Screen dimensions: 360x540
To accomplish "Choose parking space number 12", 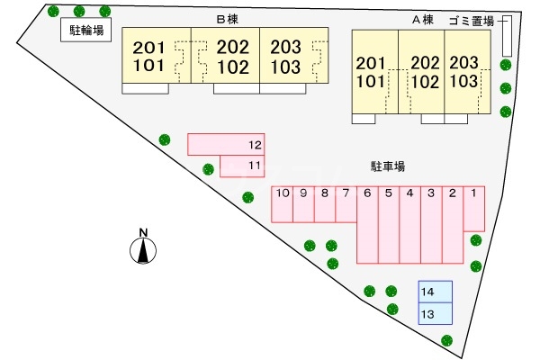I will tap(225, 144).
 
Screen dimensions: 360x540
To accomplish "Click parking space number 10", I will tap(282, 203).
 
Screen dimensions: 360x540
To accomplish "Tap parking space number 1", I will tap(473, 208).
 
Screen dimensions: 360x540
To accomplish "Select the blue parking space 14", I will tap(435, 292).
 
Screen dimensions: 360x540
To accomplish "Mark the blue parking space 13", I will tap(435, 314).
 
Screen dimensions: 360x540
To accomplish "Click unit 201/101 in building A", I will tap(371, 71).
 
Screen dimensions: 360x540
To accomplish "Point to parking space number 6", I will tap(367, 225).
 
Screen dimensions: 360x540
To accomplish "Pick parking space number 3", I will tap(431, 225).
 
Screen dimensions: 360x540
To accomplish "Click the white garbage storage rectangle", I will tap(506, 37).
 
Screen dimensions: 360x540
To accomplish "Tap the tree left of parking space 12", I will tap(165, 139).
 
